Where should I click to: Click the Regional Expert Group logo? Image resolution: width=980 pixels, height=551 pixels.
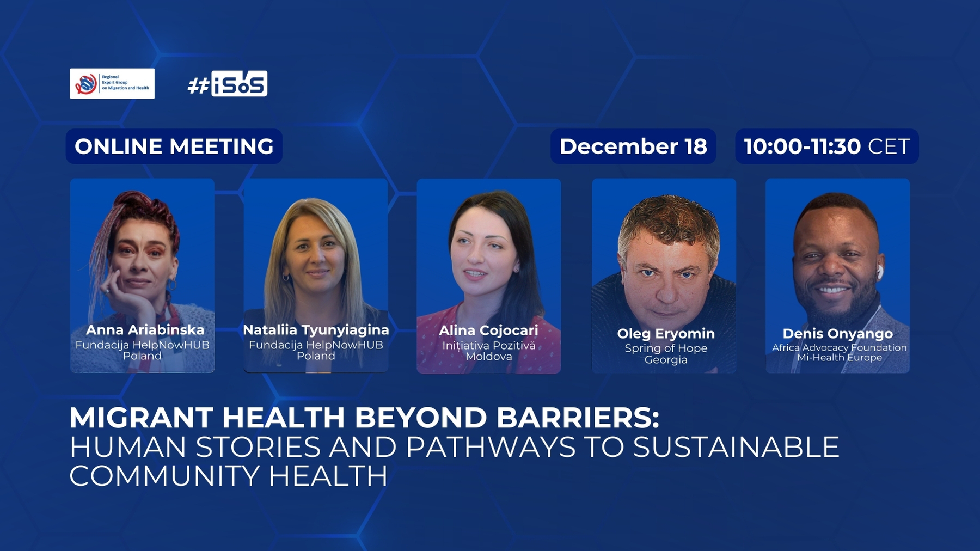[112, 83]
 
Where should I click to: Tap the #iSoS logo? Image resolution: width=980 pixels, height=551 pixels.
[228, 83]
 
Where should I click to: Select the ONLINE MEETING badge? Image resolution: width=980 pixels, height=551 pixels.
[174, 146]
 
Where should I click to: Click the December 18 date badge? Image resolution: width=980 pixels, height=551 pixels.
[633, 146]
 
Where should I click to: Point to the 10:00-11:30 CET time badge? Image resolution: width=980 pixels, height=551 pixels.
[827, 146]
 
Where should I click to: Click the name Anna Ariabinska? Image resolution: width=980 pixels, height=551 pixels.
[145, 330]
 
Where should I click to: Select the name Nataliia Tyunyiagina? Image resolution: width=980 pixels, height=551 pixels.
[316, 330]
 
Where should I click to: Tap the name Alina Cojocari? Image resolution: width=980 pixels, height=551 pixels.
[488, 330]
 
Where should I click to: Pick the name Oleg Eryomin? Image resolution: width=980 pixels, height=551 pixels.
[666, 333]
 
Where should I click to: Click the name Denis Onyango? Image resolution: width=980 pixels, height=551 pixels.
[838, 333]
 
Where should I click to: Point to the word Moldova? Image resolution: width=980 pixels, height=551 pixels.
[489, 357]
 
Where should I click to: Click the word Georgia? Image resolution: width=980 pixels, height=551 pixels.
[666, 360]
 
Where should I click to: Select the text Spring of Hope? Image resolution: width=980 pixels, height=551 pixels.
[666, 348]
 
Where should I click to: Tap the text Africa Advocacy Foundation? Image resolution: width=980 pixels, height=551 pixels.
[840, 347]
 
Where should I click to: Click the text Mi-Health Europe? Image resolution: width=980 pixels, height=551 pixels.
[840, 358]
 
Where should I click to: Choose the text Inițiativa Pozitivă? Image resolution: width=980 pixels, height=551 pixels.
[489, 346]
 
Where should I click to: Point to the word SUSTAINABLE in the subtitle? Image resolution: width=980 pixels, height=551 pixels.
[736, 447]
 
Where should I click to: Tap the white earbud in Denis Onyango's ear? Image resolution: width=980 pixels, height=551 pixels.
[878, 271]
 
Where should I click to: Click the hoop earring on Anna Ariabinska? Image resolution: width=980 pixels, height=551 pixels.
[171, 285]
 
